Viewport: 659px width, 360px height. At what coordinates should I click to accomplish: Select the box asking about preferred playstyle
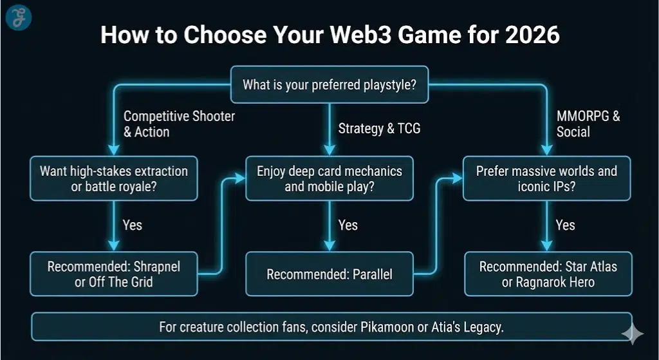click(x=329, y=84)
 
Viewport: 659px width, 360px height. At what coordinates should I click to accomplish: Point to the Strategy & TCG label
click(x=379, y=128)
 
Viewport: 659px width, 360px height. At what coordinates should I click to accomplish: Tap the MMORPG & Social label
click(x=588, y=124)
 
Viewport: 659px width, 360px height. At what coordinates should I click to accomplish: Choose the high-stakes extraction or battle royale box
click(x=114, y=179)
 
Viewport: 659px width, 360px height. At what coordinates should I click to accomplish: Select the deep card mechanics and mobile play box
click(x=329, y=179)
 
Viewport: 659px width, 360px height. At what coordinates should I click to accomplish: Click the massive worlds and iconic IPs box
click(x=546, y=179)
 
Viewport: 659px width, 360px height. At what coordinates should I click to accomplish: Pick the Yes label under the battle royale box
click(x=133, y=225)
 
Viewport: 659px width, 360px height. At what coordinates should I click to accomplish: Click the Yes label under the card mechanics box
click(x=348, y=225)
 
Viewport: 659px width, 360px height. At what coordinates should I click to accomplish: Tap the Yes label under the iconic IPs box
click(x=565, y=225)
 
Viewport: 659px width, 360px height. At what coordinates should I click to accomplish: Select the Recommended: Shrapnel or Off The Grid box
click(x=114, y=274)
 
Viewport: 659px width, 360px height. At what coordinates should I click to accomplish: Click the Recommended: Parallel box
click(x=329, y=274)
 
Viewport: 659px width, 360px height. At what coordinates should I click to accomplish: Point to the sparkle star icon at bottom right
click(x=632, y=333)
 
